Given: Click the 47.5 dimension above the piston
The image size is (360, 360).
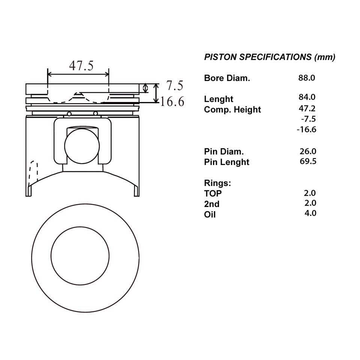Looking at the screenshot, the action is [81, 66].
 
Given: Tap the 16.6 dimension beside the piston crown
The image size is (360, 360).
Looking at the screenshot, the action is [172, 102].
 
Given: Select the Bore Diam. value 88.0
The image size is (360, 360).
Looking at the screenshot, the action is [307, 78].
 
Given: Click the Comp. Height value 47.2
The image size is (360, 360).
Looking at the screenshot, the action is [307, 108].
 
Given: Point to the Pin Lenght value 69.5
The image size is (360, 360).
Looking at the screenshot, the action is [308, 161].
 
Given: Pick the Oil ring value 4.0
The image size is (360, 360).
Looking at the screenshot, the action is [310, 213].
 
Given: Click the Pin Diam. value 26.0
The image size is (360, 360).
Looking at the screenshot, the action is [308, 151].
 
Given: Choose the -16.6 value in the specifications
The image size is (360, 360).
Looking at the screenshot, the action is [306, 129].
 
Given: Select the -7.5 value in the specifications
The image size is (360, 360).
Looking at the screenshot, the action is [308, 119].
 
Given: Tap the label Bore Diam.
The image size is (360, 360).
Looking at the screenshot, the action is [227, 78].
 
